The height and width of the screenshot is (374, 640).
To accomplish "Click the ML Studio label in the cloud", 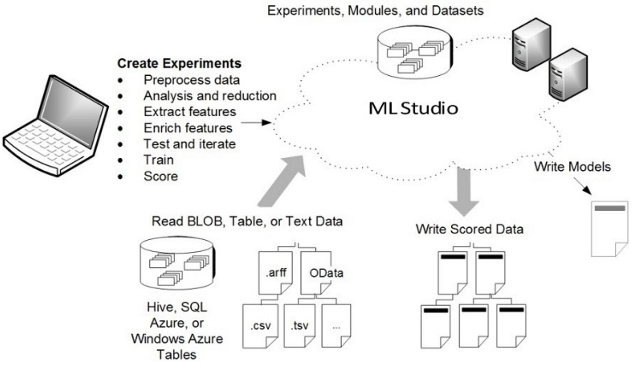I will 413,108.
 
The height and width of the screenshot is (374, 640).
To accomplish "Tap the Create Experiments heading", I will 179,63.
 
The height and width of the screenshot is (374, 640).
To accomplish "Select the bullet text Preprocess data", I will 192,80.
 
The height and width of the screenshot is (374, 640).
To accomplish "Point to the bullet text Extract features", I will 189,112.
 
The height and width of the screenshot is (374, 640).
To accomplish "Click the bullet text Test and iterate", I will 189,144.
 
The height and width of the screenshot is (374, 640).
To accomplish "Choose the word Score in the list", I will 161,176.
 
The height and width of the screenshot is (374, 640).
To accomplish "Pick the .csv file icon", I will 260,325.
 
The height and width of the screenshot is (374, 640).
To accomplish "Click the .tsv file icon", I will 299,325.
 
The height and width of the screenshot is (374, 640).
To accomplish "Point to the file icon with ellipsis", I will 336,325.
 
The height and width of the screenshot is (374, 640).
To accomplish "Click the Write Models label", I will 572,167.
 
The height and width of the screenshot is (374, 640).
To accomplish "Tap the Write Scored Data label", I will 469,229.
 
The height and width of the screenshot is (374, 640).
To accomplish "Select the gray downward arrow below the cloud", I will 464,190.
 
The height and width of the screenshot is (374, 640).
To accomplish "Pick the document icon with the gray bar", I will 609,228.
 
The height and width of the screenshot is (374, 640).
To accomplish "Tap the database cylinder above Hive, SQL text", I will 177,263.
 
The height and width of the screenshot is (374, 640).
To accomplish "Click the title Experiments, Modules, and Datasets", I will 375,10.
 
